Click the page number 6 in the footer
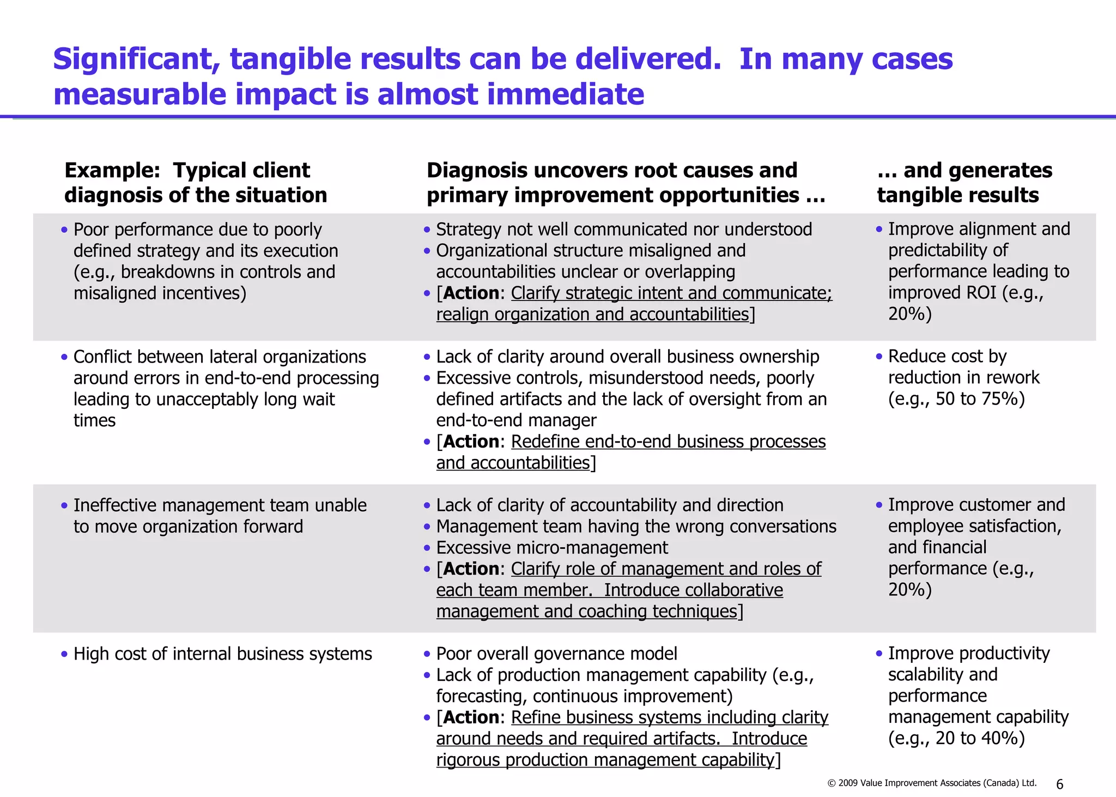1059,784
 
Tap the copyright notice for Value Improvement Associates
932,783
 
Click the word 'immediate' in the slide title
565,94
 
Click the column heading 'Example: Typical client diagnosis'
196,183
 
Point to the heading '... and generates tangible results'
964,183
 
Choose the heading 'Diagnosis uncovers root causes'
626,183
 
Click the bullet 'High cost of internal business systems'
222,654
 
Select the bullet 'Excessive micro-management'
551,547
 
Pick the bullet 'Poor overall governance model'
556,654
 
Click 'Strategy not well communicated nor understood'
624,230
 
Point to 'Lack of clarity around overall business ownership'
627,357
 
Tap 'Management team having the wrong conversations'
636,527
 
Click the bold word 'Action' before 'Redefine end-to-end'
471,442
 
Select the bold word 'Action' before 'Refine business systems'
471,717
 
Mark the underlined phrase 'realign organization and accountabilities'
593,315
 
